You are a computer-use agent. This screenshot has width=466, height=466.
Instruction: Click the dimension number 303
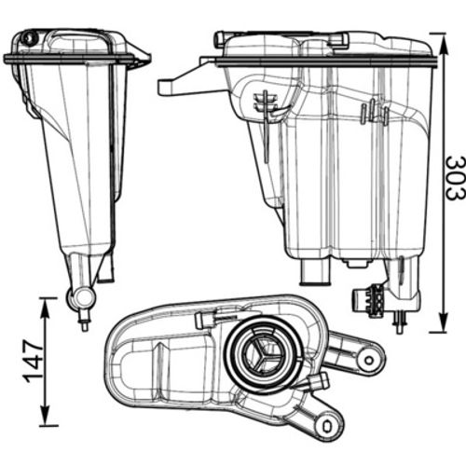point(456,178)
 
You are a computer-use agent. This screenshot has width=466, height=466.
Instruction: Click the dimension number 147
point(34,361)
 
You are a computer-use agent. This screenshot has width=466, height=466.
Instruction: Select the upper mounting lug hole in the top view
point(369,361)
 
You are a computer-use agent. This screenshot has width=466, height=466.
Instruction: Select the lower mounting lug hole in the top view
point(328,426)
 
